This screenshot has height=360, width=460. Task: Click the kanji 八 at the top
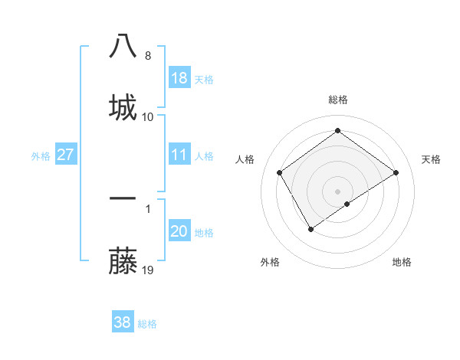tap(123, 45)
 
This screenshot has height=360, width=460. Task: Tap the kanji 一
tap(123, 198)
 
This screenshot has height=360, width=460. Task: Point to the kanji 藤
tap(123, 261)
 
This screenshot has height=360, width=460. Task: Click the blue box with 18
tap(179, 78)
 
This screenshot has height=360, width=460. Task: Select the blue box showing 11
tap(179, 155)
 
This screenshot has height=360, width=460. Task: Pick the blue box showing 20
tap(179, 232)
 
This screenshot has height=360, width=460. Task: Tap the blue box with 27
tap(66, 155)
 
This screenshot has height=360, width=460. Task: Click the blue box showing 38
tap(123, 322)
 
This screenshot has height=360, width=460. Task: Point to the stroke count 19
tap(148, 270)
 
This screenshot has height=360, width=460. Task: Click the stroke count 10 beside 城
tap(148, 116)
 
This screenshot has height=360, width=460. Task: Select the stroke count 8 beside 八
tap(148, 56)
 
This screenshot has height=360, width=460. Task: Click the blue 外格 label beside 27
tap(41, 156)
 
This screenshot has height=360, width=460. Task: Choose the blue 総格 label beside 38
tap(147, 324)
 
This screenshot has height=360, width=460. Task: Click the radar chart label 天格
tap(431, 159)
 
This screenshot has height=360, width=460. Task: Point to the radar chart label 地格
tap(402, 263)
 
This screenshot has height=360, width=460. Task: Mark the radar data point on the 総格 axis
tap(337, 131)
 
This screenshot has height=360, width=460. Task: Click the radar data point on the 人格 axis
tap(280, 172)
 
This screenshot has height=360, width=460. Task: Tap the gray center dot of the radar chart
tap(337, 191)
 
